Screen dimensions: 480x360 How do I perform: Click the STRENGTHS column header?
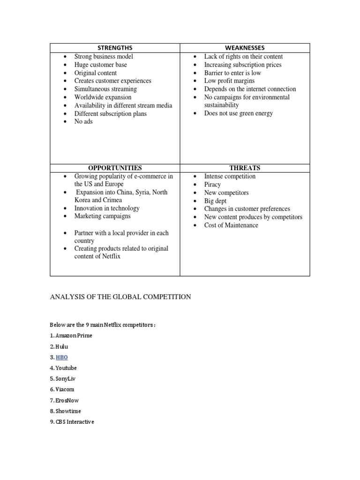115,48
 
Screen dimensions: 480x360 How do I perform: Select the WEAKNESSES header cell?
245,48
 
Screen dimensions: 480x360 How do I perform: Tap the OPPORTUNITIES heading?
115,168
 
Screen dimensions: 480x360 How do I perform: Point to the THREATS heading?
245,168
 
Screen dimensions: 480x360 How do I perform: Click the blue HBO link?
61,357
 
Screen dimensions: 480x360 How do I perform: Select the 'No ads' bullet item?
83,121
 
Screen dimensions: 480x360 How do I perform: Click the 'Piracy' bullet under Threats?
212,185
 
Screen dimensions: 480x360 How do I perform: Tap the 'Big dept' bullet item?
215,201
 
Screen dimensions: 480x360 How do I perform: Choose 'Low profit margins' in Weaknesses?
229,81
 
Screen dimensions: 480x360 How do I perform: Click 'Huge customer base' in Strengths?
100,65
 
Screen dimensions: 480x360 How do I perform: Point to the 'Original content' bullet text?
96,73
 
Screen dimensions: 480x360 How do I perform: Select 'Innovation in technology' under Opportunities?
107,208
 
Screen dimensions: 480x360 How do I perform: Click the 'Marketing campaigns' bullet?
102,216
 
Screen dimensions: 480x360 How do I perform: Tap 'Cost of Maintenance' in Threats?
231,225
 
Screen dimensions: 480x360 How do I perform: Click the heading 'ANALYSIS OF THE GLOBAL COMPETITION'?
120,297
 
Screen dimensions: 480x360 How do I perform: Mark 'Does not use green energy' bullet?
238,113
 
